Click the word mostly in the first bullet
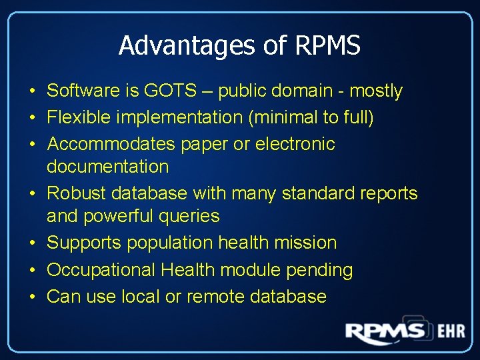coord(376,91)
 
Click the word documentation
coord(108,166)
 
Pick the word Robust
coord(77,193)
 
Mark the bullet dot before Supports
coord(32,243)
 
